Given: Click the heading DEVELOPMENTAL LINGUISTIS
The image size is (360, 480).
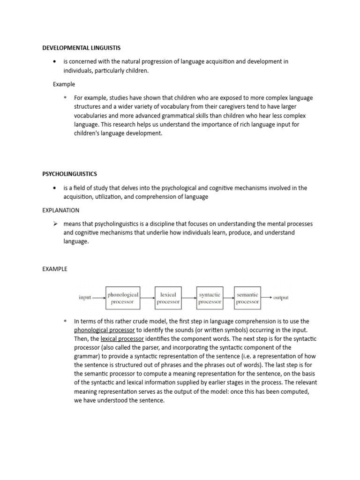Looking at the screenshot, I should [x=81, y=48].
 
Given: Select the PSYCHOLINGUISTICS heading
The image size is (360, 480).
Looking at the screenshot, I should [x=69, y=174].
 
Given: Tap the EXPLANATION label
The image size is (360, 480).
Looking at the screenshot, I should [x=60, y=210].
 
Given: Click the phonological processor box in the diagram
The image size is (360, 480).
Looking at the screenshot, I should [x=123, y=298].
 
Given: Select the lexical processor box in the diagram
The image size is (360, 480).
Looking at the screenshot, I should [x=168, y=298].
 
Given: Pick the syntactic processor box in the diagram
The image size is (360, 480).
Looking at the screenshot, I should [x=210, y=298].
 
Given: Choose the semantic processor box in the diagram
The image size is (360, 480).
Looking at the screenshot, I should [x=247, y=298].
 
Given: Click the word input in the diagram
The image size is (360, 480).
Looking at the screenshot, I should [x=85, y=298].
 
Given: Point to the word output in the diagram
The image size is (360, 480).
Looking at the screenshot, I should [x=281, y=298].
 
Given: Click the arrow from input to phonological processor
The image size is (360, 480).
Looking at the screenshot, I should [x=99, y=298].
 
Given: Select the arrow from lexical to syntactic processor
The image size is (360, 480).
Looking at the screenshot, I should [x=188, y=298].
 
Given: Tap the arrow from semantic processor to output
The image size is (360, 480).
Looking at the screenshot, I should [x=267, y=297].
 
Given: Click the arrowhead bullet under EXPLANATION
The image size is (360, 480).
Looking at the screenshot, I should [x=54, y=224].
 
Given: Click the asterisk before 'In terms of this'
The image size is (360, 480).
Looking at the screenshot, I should [x=65, y=322].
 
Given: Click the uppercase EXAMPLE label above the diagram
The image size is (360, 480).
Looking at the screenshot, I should [x=55, y=269].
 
